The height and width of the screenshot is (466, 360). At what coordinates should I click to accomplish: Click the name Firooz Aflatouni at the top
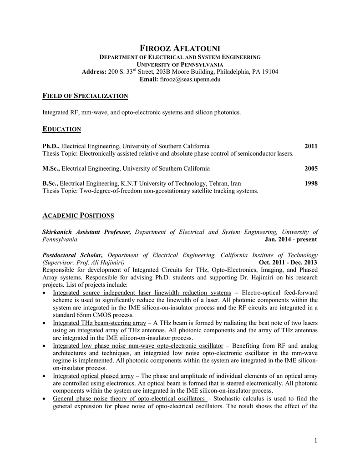coord(180,48)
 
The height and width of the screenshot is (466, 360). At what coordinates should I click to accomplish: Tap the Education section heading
coord(61,129)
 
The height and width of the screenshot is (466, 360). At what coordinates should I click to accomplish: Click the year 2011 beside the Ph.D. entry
coord(311,146)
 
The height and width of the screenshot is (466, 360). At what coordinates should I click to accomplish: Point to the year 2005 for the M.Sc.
coord(311,168)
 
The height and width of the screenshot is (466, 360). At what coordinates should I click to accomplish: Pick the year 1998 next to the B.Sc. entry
coord(311,183)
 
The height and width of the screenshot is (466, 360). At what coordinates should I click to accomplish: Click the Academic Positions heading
coord(78,215)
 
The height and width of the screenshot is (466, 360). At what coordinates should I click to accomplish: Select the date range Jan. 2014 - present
coord(290,239)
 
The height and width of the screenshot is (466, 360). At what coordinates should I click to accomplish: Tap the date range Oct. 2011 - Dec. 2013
coord(288,263)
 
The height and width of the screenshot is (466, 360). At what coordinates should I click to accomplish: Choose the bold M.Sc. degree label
coord(51,168)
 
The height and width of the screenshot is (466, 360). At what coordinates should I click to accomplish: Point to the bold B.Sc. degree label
coord(51,183)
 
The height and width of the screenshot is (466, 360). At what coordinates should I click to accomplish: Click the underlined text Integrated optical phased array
coord(93,376)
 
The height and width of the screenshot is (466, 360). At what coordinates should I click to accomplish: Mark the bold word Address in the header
coord(94,72)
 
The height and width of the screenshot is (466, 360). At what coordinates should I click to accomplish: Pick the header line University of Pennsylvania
coord(180,65)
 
